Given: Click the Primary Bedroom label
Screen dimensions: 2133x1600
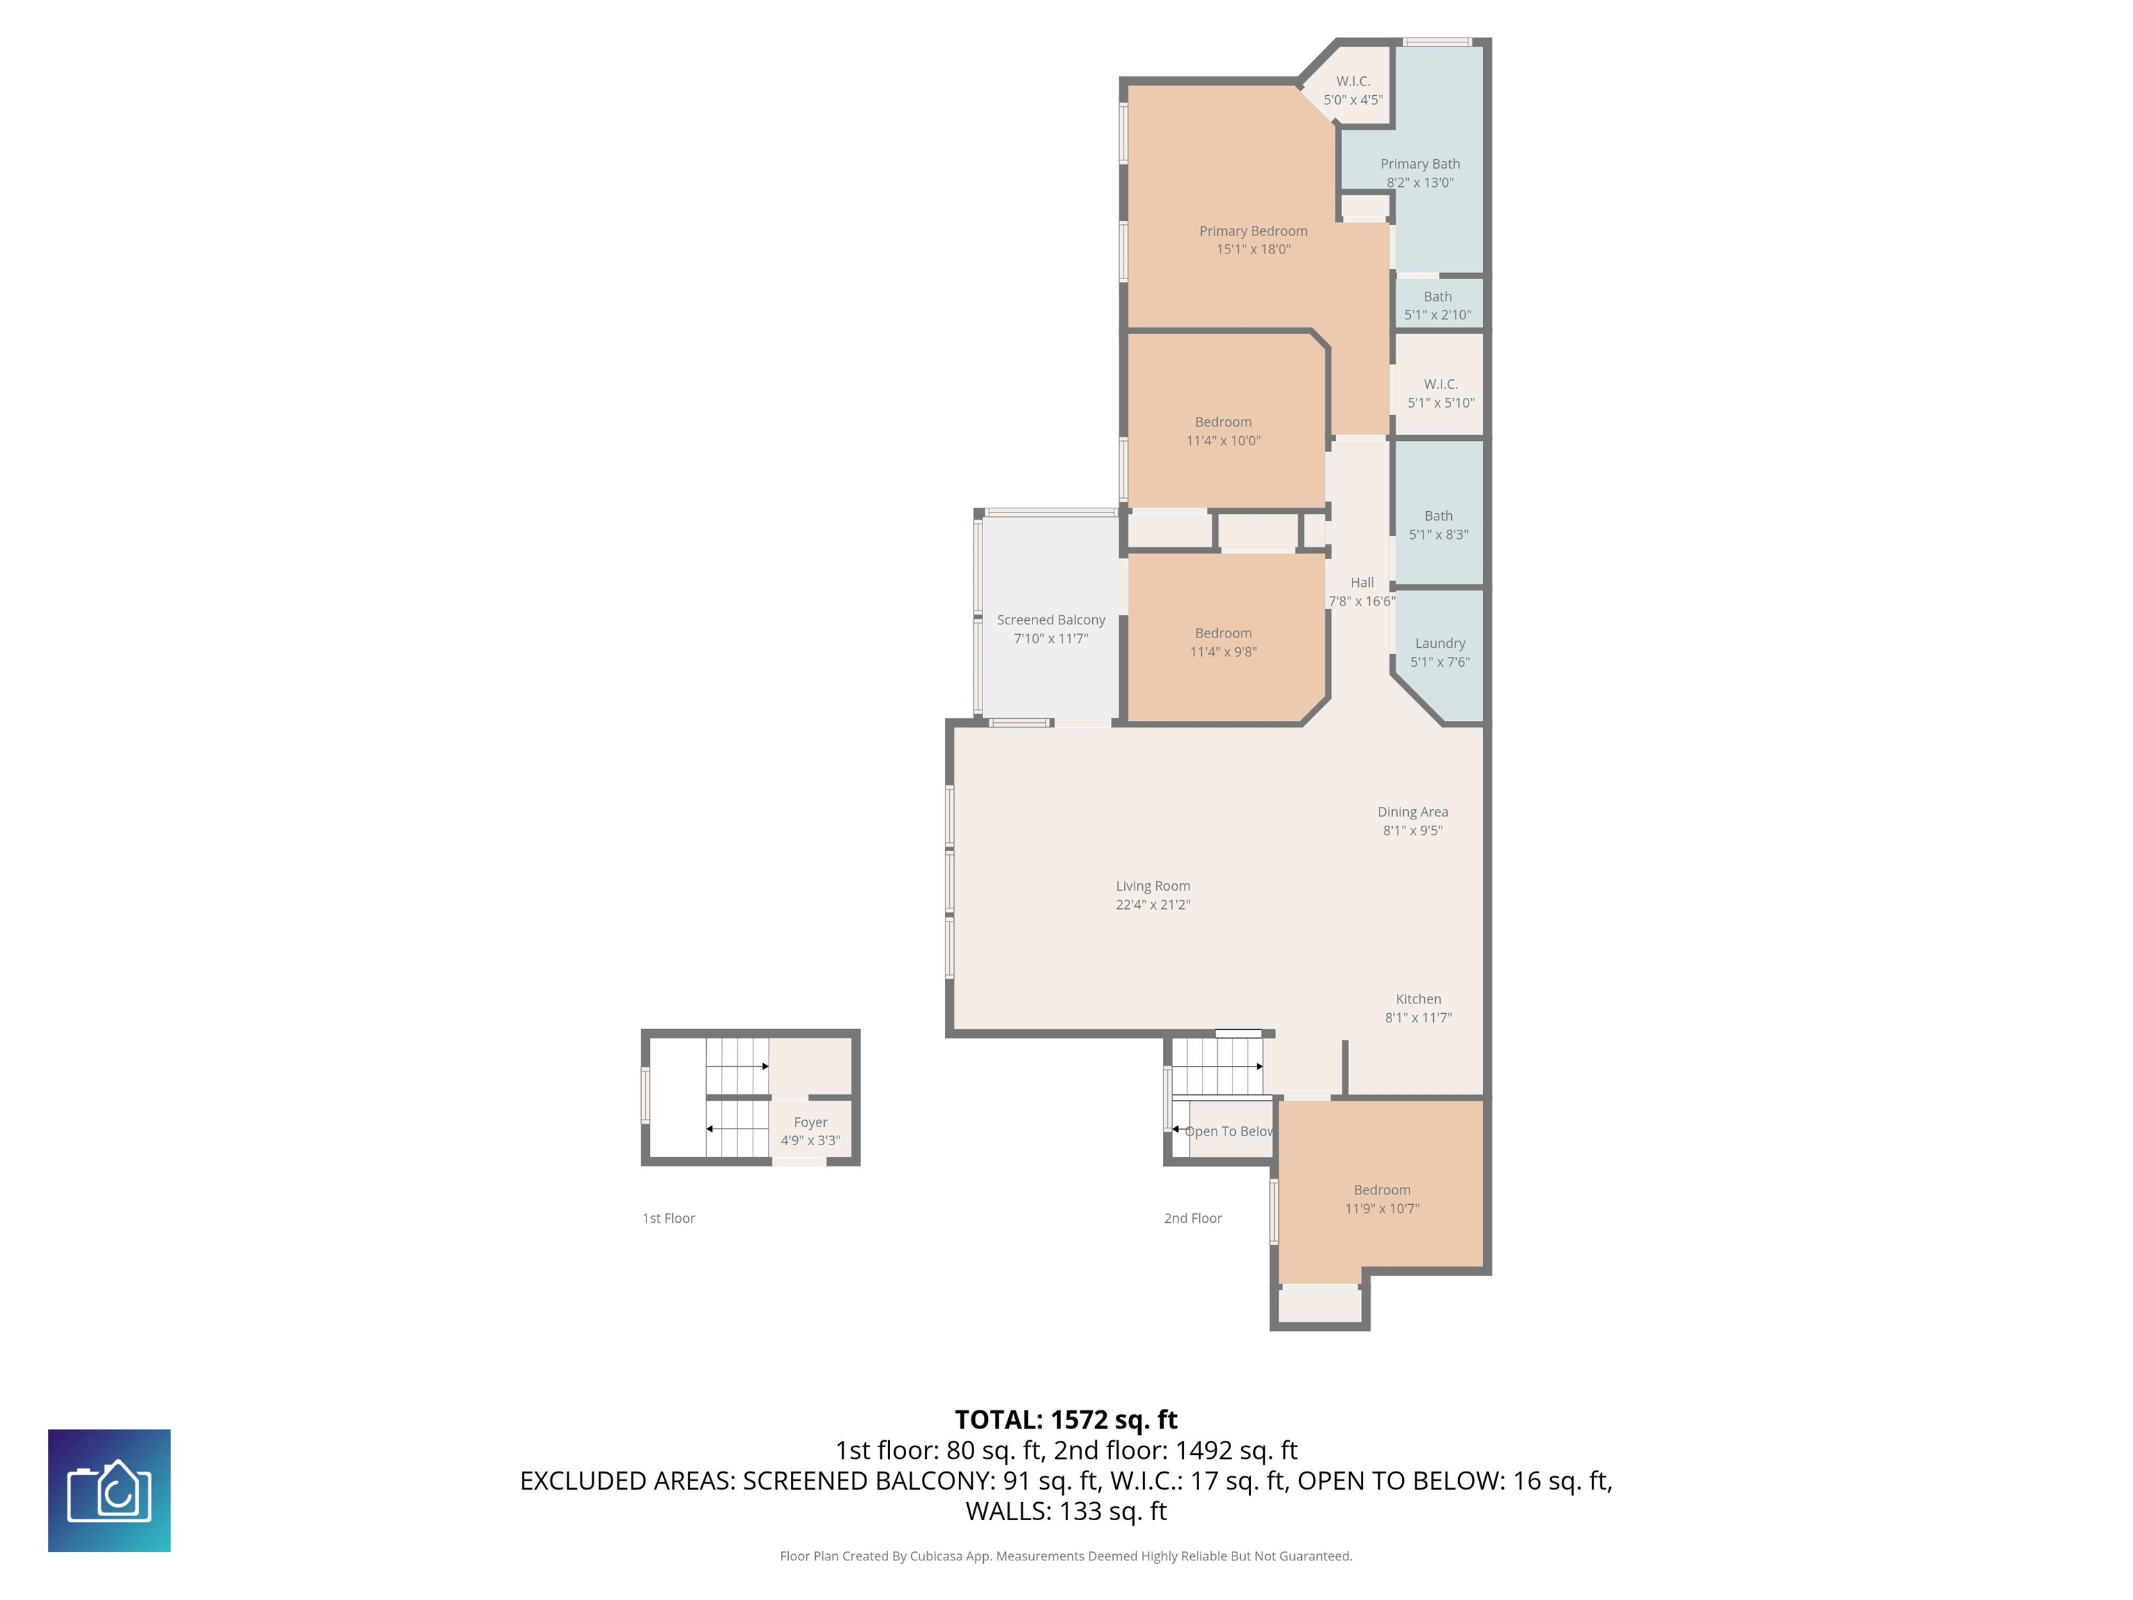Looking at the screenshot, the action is point(1253,231).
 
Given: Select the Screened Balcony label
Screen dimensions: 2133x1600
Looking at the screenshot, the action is point(1051,620).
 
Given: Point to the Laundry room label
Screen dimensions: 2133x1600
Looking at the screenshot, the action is point(1439,643).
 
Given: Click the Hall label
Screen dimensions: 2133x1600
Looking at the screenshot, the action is point(1362,583).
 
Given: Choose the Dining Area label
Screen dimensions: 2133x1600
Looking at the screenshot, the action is point(1413,812).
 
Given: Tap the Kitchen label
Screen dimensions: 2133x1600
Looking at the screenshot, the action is point(1419,999).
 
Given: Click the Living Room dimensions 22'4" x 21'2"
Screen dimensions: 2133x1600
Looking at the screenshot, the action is point(1153,905).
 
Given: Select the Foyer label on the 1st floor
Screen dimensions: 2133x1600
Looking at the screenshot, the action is point(810,1123).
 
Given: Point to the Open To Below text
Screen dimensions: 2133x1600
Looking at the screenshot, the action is point(1228,1131).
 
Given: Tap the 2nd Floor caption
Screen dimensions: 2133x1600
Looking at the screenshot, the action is point(1193,1218).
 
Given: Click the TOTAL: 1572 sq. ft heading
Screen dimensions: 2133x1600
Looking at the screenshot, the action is point(1066,1419).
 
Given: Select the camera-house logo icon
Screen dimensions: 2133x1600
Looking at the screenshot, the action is point(109,1491).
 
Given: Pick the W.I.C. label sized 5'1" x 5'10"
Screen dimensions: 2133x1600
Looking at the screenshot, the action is point(1441,385).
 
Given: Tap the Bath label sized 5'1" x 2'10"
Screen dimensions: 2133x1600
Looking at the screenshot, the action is point(1438,297).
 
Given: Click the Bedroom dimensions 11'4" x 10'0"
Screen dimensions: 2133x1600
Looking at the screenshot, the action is point(1223,441).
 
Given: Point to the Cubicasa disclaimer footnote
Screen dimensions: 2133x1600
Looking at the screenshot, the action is point(1066,1556).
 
